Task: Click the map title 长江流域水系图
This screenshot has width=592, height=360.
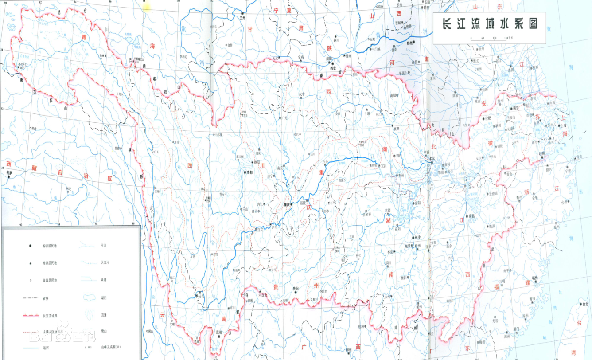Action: point(489,24)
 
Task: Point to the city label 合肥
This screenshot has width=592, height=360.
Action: point(488,118)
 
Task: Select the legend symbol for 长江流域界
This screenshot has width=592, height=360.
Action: point(30,315)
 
